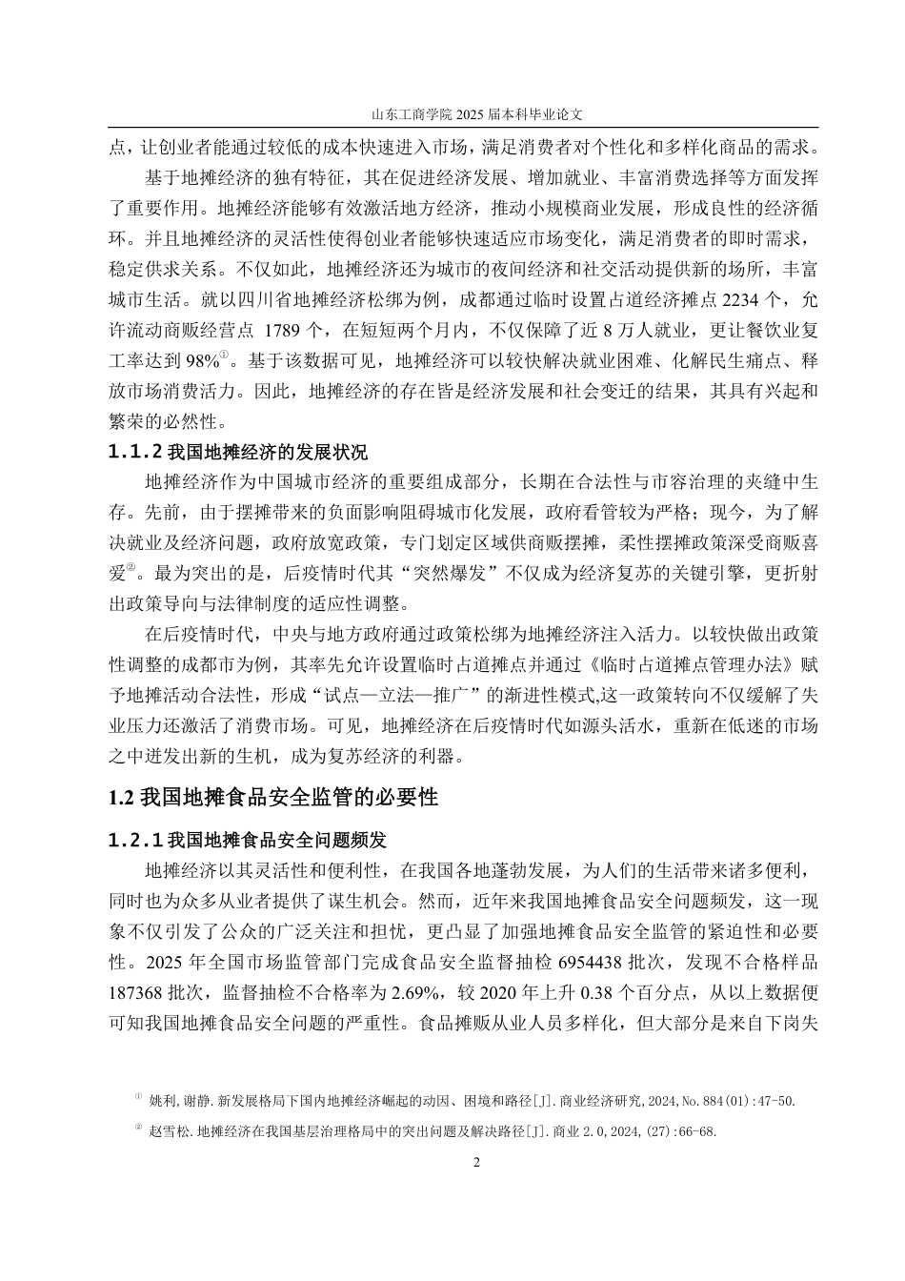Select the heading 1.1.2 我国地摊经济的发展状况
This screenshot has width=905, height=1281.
pyautogui.click(x=238, y=452)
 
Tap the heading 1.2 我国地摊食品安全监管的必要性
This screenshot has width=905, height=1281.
pyautogui.click(x=274, y=797)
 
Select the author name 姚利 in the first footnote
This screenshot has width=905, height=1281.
pyautogui.click(x=162, y=1101)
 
